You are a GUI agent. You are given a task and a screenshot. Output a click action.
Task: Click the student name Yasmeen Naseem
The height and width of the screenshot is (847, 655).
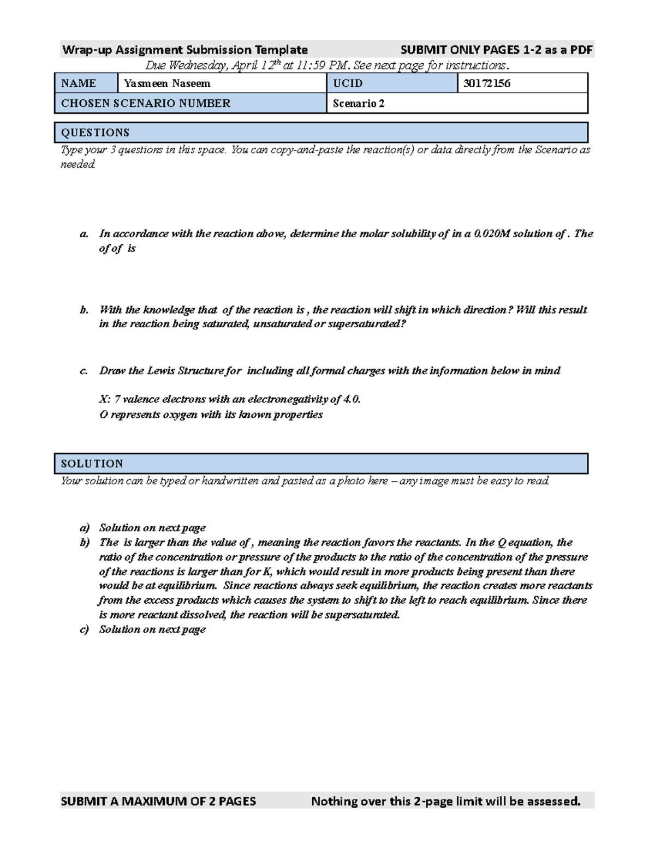(x=167, y=83)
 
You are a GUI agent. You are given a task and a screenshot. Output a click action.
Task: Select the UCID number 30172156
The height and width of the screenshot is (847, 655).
(x=487, y=83)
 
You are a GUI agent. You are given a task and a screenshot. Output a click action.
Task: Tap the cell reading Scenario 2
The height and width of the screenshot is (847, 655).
(x=359, y=103)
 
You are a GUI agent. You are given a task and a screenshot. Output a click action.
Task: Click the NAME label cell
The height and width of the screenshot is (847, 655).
(x=79, y=83)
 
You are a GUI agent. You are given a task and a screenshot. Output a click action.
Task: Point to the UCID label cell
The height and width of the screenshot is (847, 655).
(x=348, y=83)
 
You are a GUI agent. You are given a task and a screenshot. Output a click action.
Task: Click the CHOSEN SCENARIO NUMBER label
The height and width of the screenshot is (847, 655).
(x=146, y=103)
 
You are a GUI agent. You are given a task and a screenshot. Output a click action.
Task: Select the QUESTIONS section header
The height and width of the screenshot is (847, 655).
(x=96, y=133)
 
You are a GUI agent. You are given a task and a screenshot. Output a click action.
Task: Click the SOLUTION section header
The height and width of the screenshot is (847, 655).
(x=92, y=464)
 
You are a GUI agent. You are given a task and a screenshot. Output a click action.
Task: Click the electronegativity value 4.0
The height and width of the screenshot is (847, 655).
(x=352, y=399)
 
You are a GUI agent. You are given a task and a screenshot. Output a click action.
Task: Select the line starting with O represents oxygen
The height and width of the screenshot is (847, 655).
(x=211, y=415)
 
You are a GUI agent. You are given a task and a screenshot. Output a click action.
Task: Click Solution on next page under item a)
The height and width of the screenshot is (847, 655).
(x=152, y=527)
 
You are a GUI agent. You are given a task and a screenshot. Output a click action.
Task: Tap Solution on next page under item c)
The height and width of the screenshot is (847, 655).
(x=152, y=629)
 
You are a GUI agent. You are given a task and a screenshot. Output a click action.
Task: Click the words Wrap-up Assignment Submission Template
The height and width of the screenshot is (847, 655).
(x=185, y=50)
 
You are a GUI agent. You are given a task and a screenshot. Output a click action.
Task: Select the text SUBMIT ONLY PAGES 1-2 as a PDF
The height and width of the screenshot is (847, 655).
(x=496, y=50)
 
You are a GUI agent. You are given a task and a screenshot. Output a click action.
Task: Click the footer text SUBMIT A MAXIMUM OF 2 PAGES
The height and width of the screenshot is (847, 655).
(x=158, y=801)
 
